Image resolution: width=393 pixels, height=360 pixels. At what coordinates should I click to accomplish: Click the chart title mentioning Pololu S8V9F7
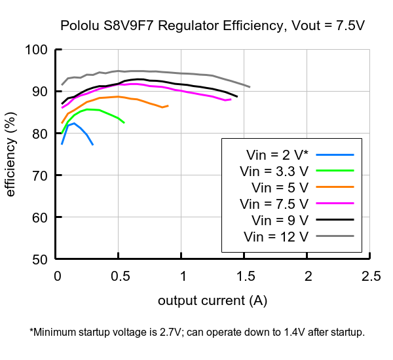(x=212, y=26)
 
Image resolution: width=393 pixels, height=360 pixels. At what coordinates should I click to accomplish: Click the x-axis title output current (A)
(x=212, y=300)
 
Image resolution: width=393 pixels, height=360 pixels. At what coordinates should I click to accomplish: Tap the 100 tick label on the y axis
(x=37, y=50)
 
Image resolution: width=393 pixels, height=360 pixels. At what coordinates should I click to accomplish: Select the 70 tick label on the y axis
(x=41, y=175)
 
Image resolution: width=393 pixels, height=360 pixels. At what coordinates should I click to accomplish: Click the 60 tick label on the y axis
(x=41, y=217)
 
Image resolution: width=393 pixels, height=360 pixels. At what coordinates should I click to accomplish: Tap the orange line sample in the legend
(x=335, y=187)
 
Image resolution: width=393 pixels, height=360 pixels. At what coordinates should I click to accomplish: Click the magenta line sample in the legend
(x=335, y=204)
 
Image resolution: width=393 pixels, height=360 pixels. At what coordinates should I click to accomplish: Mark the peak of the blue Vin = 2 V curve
(x=74, y=123)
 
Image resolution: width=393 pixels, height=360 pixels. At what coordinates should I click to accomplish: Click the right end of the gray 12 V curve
(x=250, y=87)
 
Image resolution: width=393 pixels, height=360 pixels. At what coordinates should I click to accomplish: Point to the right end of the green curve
(x=124, y=122)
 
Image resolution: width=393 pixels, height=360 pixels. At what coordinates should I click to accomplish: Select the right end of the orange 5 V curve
(x=168, y=105)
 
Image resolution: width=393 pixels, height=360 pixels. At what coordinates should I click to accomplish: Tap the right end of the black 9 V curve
(x=237, y=96)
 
